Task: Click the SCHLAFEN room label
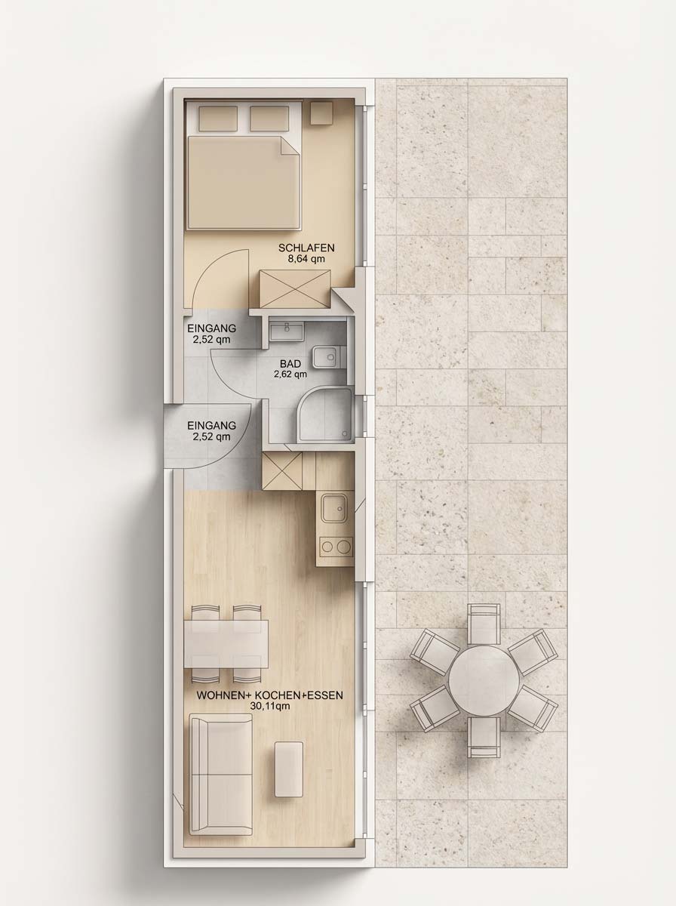pos(306,248)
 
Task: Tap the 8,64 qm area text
pos(306,259)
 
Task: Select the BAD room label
pos(290,364)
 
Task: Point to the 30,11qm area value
pos(270,706)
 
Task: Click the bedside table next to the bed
pos(321,113)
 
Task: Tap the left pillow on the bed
pos(218,119)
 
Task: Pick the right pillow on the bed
pos(269,119)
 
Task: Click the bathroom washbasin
pos(287,331)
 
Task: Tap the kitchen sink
pos(335,508)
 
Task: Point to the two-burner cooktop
pos(336,547)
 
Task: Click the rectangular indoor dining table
pos(226,643)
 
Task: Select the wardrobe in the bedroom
pos(295,289)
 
